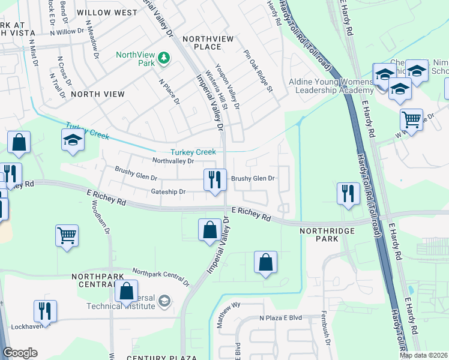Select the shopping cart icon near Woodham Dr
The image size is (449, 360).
tap(67, 235)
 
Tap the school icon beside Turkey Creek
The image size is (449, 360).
tap(72, 140)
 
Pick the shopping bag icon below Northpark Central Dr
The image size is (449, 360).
tap(127, 292)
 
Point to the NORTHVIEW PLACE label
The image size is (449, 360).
tap(208, 43)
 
